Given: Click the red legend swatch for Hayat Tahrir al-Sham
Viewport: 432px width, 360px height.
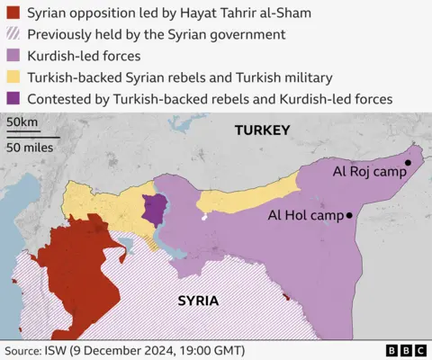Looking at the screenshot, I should point(12,13).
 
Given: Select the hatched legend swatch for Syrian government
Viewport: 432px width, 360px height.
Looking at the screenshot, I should point(12,34).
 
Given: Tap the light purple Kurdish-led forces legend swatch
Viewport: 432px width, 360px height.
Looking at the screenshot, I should point(12,56).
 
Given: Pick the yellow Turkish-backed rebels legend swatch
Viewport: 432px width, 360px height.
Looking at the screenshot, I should point(12,77).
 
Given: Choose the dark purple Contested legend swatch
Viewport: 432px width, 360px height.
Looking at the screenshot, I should point(12,99).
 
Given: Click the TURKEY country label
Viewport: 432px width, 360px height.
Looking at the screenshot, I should point(262,130).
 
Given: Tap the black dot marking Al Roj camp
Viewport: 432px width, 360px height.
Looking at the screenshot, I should point(408,163).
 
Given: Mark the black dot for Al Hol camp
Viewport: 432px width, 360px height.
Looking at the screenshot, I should point(349,215).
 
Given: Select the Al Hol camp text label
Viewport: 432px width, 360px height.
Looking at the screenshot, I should point(305,216).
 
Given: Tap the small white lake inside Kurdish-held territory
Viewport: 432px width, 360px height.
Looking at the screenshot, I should point(205,217).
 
